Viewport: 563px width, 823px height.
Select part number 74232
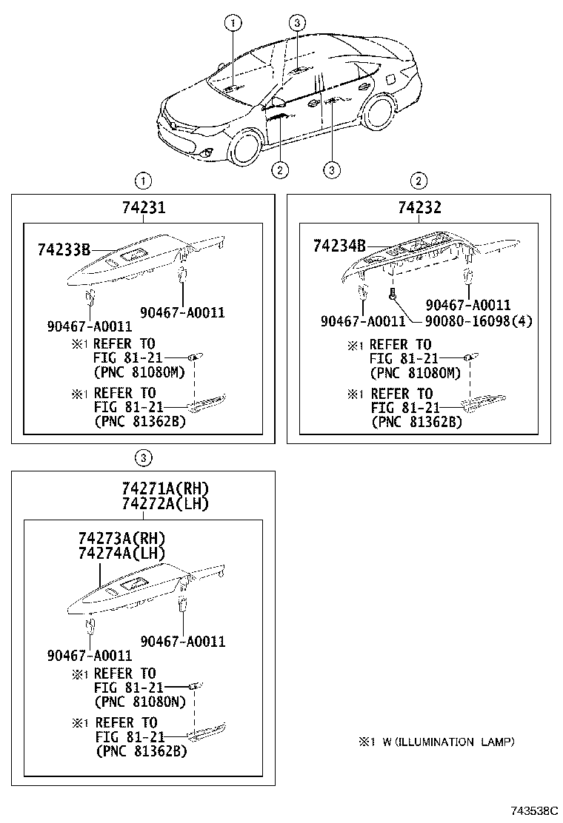pyautogui.click(x=419, y=208)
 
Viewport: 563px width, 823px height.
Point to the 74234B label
pyautogui.click(x=339, y=245)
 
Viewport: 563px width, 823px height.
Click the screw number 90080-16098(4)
pyautogui.click(x=479, y=320)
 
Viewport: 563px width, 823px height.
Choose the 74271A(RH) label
pyautogui.click(x=165, y=488)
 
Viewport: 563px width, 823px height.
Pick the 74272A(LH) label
pyautogui.click(x=165, y=504)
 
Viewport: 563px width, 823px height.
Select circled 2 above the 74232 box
pyautogui.click(x=419, y=181)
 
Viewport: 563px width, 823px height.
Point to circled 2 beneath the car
pyautogui.click(x=279, y=170)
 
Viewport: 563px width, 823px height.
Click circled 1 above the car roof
pyautogui.click(x=233, y=24)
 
